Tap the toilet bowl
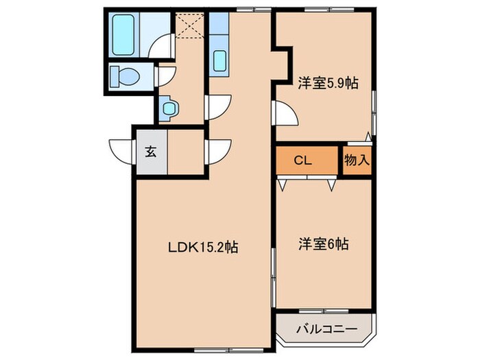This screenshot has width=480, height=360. (125, 76)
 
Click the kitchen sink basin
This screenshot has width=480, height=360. (219, 60)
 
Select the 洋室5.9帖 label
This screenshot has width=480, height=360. (326, 83)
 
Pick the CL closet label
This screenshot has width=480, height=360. (304, 161)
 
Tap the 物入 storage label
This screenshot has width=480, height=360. (357, 161)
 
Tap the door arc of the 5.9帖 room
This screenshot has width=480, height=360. (285, 112)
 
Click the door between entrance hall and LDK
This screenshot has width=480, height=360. (219, 151)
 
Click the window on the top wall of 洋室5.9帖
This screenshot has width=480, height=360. (326, 9)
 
